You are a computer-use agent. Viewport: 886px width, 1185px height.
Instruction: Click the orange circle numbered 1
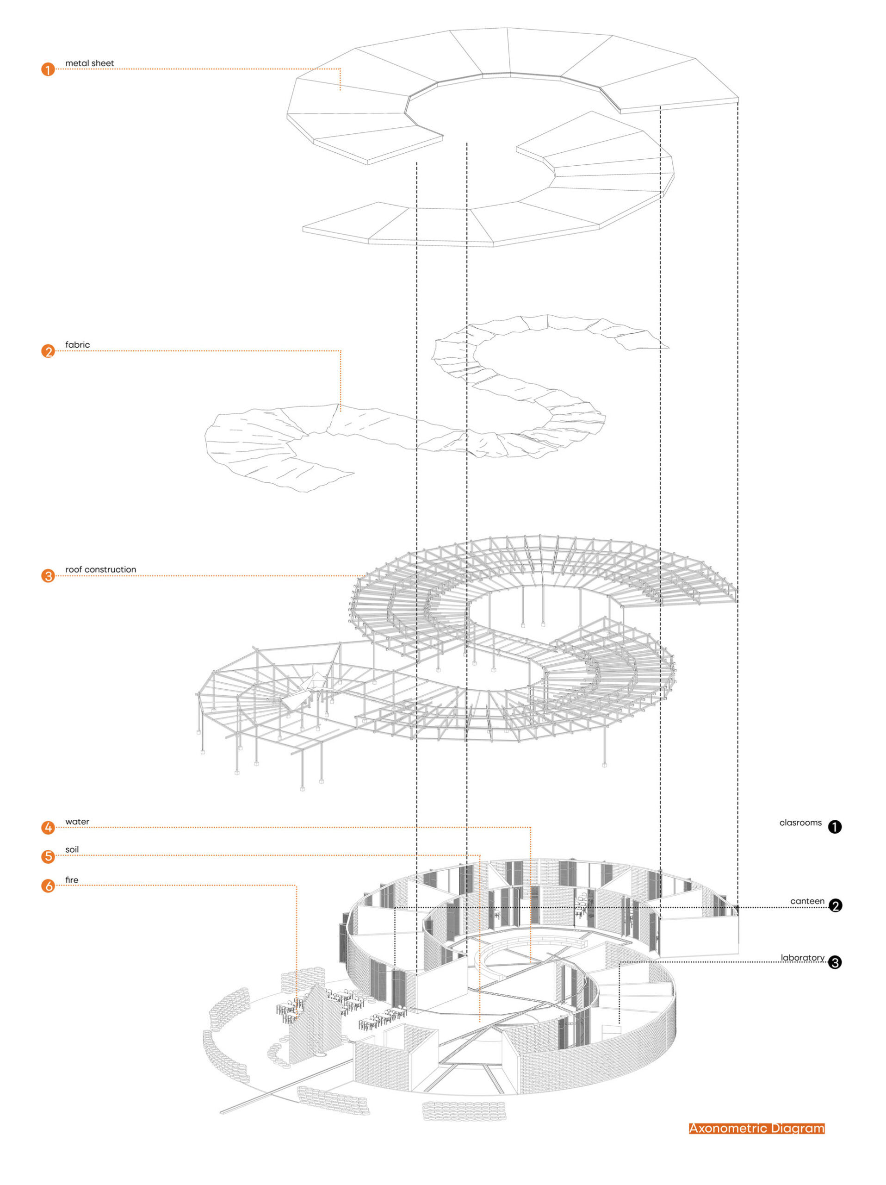[x=48, y=69]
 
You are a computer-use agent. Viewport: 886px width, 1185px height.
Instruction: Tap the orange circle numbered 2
[x=48, y=351]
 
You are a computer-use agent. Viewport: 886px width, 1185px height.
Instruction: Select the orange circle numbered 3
[x=48, y=576]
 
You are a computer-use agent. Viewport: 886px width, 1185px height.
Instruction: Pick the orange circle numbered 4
[x=48, y=828]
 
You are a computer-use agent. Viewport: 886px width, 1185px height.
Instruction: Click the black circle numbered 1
[x=835, y=827]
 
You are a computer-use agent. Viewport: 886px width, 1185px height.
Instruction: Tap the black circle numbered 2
[x=835, y=905]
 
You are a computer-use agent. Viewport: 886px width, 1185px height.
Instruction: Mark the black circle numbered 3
[x=835, y=962]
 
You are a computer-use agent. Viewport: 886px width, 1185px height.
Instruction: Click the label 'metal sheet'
[x=89, y=63]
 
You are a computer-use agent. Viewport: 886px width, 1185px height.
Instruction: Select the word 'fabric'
[x=78, y=344]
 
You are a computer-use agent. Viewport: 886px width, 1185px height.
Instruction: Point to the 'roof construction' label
[x=101, y=569]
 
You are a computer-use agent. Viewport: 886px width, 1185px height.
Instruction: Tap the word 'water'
[x=77, y=821]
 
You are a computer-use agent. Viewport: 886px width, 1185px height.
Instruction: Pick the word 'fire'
[x=72, y=879]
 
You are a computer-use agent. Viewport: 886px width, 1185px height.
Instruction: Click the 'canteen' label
[x=807, y=901]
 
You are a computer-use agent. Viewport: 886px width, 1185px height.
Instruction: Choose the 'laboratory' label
[x=802, y=957]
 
